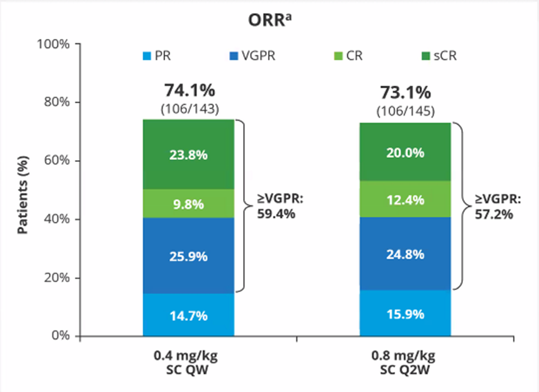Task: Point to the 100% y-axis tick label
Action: tap(54, 44)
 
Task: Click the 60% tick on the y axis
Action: tap(57, 161)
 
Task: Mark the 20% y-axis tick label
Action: tap(57, 278)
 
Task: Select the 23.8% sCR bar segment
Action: tap(188, 154)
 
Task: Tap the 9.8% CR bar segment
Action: tap(188, 203)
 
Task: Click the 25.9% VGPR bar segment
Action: tap(188, 255)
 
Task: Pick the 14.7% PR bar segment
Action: tap(188, 315)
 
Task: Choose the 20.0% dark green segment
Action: tap(406, 152)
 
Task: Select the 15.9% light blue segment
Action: tap(406, 313)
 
